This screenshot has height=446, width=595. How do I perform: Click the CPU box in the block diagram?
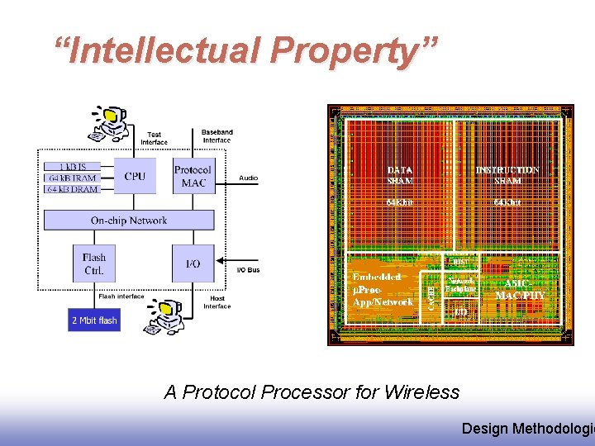(134, 176)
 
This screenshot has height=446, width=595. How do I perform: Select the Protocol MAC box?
(193, 176)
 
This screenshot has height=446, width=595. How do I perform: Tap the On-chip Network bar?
(128, 221)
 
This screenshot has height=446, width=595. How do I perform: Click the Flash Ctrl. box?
(94, 263)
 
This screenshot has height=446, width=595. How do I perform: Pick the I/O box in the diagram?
(193, 263)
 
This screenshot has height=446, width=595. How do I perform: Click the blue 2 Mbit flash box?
(93, 320)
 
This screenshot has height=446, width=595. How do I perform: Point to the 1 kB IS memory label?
(72, 167)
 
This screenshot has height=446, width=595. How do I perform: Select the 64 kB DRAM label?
(72, 189)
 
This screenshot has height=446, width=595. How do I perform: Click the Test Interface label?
(154, 138)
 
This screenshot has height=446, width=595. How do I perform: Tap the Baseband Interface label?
(217, 135)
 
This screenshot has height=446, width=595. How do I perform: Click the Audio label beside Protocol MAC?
(248, 178)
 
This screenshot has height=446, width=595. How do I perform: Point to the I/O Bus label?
(248, 270)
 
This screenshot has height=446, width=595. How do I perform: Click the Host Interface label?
(217, 302)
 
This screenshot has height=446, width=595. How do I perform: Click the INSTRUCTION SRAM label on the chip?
(507, 175)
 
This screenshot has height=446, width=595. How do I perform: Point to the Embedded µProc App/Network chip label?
(383, 290)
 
